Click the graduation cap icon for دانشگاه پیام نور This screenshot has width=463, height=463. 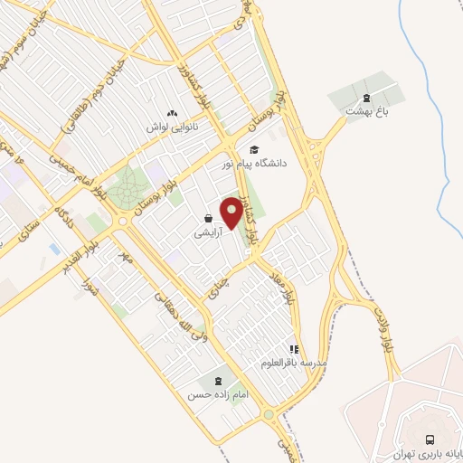pyautogui.click(x=254, y=150)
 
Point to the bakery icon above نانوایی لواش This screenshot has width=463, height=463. pyautogui.click(x=172, y=113)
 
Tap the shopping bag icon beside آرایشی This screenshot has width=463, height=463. pyautogui.click(x=209, y=218)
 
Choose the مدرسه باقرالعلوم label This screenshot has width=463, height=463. pyautogui.click(x=293, y=363)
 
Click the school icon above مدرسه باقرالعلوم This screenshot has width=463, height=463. pyautogui.click(x=293, y=348)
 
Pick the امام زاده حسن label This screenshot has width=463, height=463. pyautogui.click(x=217, y=395)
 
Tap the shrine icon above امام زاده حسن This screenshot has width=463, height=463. pyautogui.click(x=217, y=381)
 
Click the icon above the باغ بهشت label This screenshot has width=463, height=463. pyautogui.click(x=365, y=97)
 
